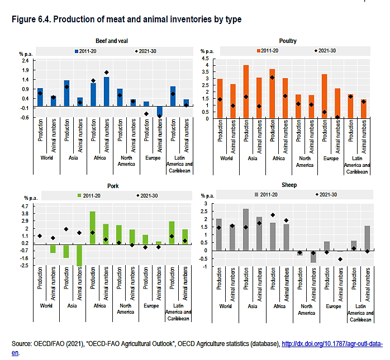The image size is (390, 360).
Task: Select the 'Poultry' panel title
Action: [288, 41]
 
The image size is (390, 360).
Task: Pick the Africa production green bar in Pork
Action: [93, 227]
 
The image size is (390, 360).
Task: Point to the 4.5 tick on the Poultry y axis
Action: [206, 58]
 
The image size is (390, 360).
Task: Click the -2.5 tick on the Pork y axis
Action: [25, 265]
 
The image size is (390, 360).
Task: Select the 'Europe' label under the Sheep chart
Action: [333, 306]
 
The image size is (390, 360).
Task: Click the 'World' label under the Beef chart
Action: [47, 157]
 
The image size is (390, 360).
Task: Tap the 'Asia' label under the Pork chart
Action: [73, 306]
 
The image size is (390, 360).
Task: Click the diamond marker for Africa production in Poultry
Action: [272, 78]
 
